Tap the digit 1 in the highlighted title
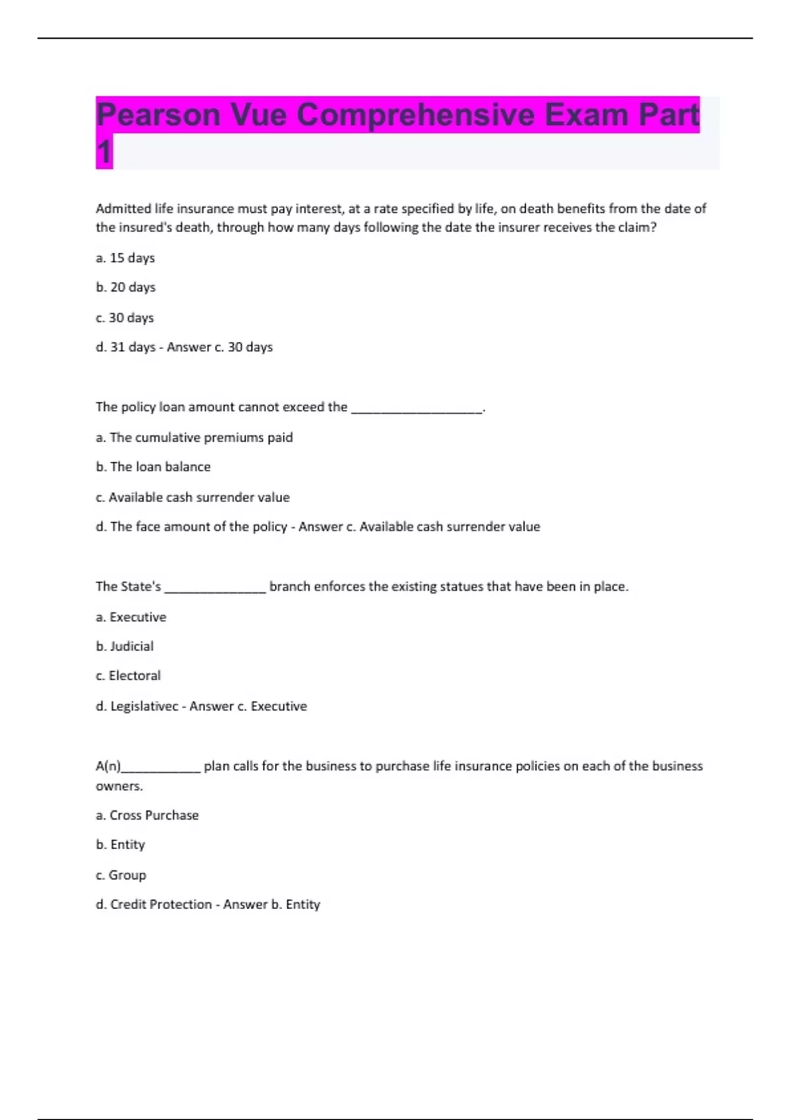pyautogui.click(x=104, y=152)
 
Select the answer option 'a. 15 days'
pyautogui.click(x=125, y=258)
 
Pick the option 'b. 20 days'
pyautogui.click(x=126, y=287)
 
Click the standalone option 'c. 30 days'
pyautogui.click(x=125, y=318)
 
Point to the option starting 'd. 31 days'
pyautogui.click(x=125, y=347)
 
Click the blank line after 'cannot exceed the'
pyautogui.click(x=417, y=408)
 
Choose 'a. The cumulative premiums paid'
pyautogui.click(x=194, y=437)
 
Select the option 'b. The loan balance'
pyautogui.click(x=153, y=467)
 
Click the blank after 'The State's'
pyautogui.click(x=215, y=588)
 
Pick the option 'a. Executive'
pyautogui.click(x=131, y=617)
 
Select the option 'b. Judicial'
pyautogui.click(x=125, y=646)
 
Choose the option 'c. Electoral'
pyautogui.click(x=128, y=676)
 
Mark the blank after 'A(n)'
pyautogui.click(x=161, y=768)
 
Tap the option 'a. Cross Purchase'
pyautogui.click(x=147, y=816)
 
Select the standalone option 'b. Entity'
pyautogui.click(x=121, y=845)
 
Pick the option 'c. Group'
pyautogui.click(x=121, y=875)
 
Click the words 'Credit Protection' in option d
pyautogui.click(x=161, y=905)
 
